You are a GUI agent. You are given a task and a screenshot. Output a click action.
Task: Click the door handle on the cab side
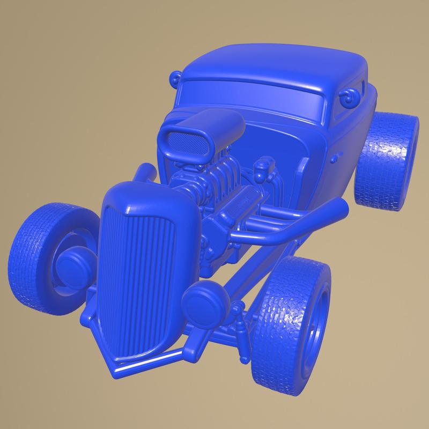[337, 157]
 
